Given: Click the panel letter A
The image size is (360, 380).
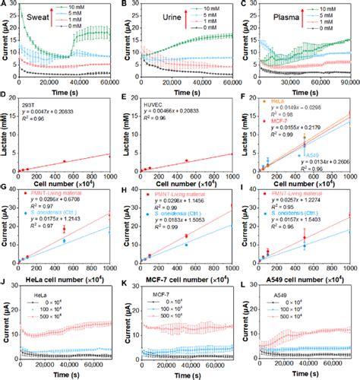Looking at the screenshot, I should click(5, 5).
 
